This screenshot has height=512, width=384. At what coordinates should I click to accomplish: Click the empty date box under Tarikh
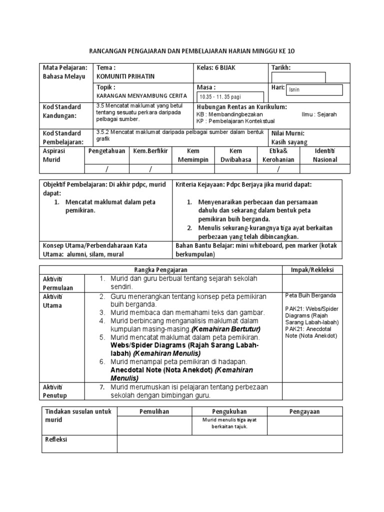coord(298,77)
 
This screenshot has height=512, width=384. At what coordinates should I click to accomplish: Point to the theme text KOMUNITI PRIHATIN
coord(125,76)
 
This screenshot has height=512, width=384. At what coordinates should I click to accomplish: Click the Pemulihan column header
coord(154,411)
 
